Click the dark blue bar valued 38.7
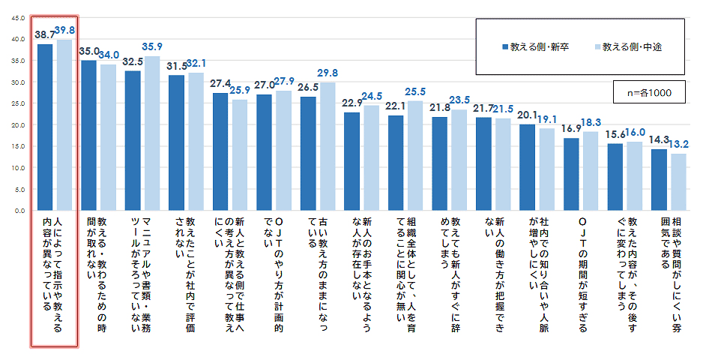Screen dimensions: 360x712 tap(45, 127)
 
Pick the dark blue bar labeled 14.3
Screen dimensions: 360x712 tap(659, 180)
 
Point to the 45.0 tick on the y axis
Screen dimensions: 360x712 tap(18, 17)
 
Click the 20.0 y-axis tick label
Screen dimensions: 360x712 tap(18, 125)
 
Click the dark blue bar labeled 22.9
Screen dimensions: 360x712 tap(352, 162)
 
